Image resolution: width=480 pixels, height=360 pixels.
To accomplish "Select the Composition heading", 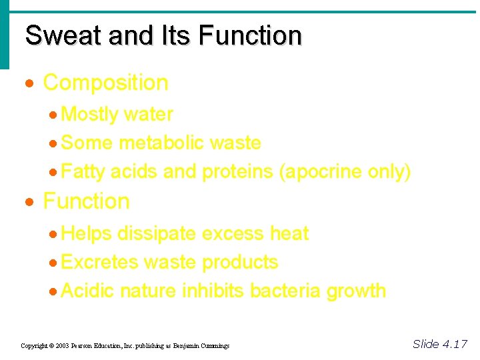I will (x=105, y=83).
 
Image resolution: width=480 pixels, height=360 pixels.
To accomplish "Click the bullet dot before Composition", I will (x=29, y=84).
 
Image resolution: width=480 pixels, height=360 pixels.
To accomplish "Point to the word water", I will (x=148, y=114).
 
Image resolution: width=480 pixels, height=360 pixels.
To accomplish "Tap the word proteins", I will (x=237, y=171).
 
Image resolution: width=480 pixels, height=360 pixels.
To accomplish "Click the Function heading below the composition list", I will (x=86, y=201).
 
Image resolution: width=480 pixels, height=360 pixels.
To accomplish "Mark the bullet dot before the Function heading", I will (x=29, y=202).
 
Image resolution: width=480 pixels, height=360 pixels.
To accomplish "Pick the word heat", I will (x=289, y=233).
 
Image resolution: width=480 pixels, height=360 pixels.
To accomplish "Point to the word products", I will (x=240, y=262).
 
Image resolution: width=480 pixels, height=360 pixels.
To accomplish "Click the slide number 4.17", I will (x=455, y=344).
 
